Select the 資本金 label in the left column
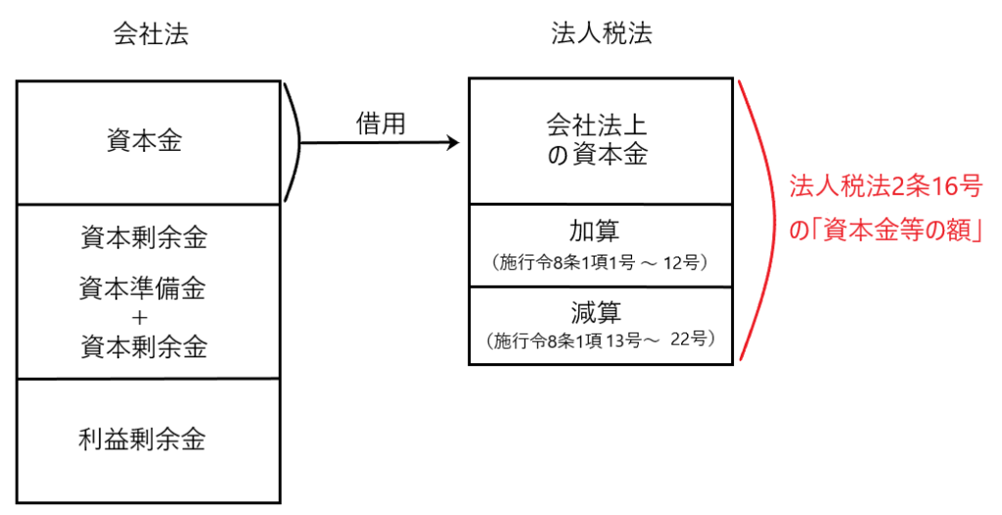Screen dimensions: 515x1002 coord(145,142)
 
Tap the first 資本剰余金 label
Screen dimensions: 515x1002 coord(144,237)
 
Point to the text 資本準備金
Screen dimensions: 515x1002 coord(144,289)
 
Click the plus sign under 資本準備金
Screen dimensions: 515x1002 coord(144,317)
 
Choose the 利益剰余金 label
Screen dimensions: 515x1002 coord(144,439)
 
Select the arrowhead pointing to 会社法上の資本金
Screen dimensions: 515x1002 coord(452,143)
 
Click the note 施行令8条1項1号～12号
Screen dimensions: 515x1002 coord(601,261)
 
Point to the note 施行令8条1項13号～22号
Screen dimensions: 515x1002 coord(601,341)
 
